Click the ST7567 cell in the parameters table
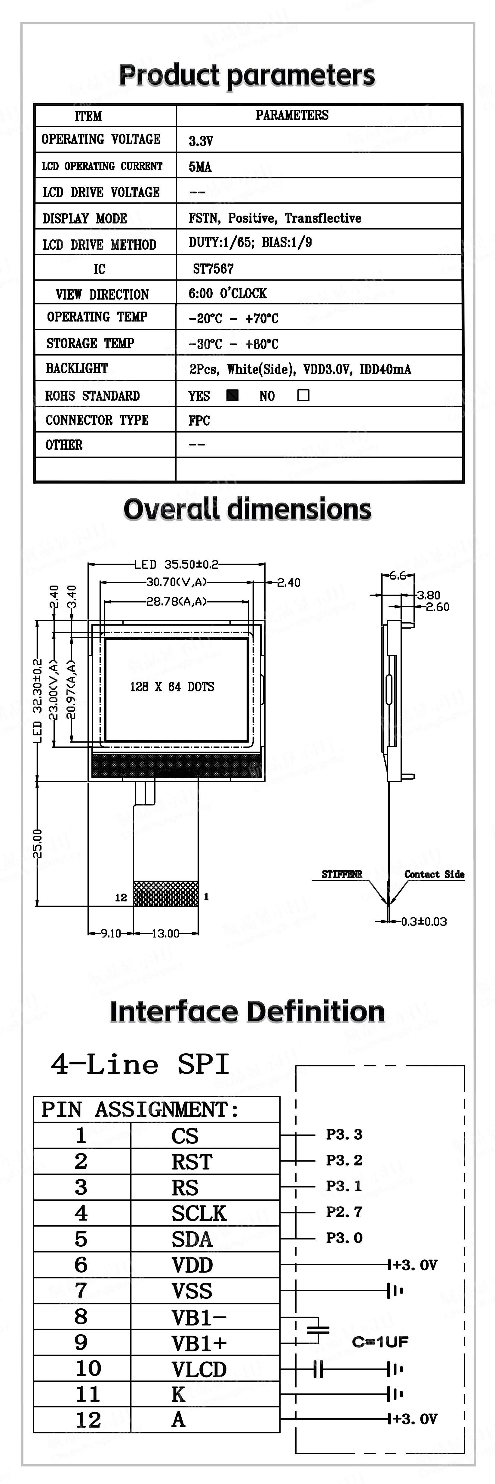point(213,269)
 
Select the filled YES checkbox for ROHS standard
point(233,395)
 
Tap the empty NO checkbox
point(303,395)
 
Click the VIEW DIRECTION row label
point(102,294)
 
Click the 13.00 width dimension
point(165,933)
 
